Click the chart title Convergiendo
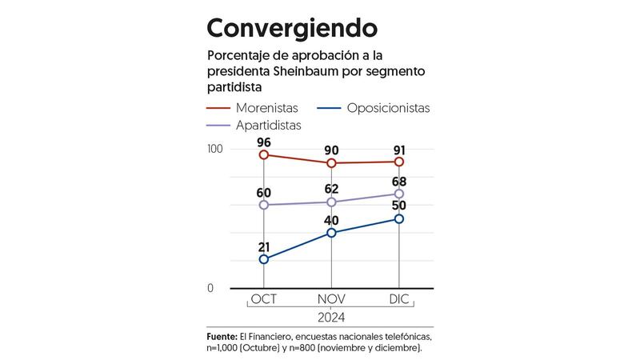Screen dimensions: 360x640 [292, 28]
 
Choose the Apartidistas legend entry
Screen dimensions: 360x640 [277, 126]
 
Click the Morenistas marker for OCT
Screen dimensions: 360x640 [264, 154]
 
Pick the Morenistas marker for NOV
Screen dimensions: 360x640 [331, 163]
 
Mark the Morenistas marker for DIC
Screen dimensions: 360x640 [398, 162]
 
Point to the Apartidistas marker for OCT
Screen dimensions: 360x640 [264, 205]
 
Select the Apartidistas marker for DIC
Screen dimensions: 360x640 [398, 194]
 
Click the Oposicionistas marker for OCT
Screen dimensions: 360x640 [264, 259]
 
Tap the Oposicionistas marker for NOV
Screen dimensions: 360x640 [331, 233]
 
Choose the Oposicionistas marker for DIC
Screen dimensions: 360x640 [398, 218]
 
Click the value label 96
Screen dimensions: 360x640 [264, 142]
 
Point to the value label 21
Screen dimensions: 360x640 [264, 246]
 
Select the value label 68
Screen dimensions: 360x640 [398, 181]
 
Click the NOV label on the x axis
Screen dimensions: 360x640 [331, 299]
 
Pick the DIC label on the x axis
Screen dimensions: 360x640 [398, 299]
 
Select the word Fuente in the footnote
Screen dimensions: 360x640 [222, 337]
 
